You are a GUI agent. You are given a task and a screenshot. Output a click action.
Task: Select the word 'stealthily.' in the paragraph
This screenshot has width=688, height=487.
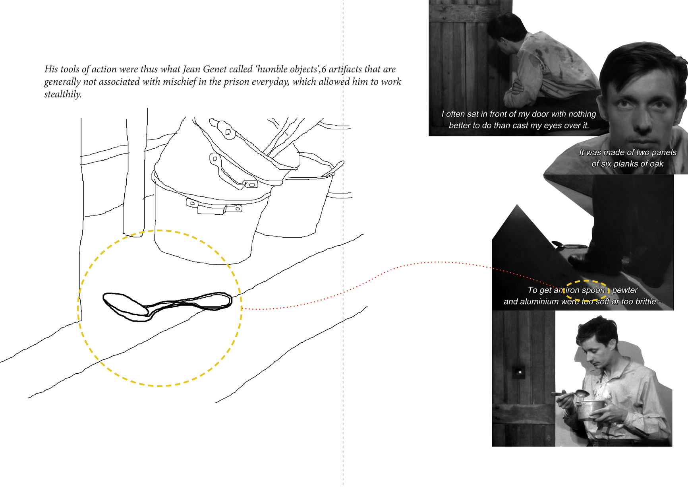point(63,94)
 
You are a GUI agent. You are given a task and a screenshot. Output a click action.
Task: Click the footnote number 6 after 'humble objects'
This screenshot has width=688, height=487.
point(324,69)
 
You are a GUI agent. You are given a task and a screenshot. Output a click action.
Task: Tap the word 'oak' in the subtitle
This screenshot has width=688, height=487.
point(657,164)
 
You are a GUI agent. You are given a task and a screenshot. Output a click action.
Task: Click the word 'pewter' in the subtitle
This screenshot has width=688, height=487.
point(625,290)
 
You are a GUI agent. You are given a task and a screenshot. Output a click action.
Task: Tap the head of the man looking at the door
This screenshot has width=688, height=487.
point(506,32)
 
